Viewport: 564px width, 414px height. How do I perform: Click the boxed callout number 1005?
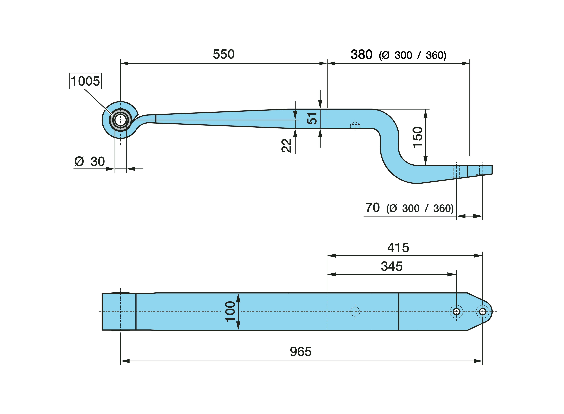tap(85, 81)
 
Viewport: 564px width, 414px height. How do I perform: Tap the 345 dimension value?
tap(391, 266)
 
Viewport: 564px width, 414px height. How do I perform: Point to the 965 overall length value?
tap(301, 352)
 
